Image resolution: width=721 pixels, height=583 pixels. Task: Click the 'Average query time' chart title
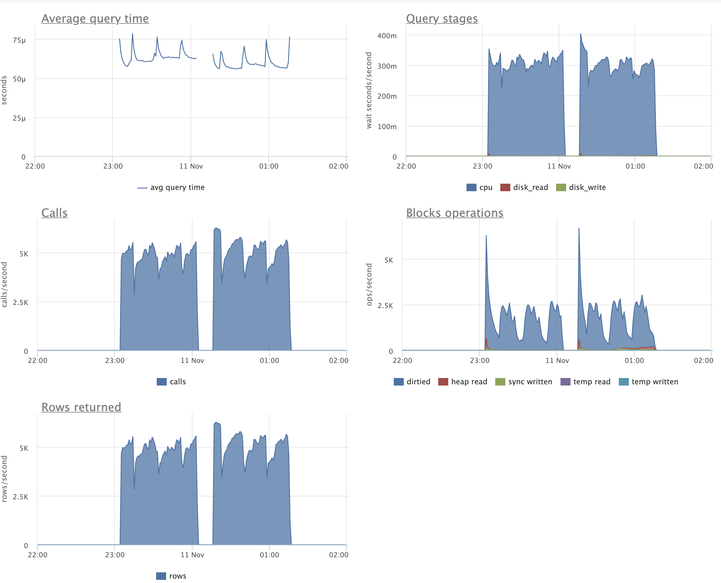(x=95, y=19)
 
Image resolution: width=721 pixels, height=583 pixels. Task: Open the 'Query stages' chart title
(x=442, y=19)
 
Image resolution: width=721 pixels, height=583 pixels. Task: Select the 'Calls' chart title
(x=55, y=213)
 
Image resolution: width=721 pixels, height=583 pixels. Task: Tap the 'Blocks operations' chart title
(x=454, y=213)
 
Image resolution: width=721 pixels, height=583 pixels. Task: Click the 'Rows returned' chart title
(x=81, y=407)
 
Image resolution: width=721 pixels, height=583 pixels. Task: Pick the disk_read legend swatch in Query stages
(x=505, y=187)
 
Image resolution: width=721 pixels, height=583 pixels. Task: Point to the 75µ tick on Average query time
(x=19, y=40)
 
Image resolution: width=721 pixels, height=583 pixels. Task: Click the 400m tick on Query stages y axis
(x=387, y=36)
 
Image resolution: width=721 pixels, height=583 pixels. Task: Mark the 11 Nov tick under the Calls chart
(x=192, y=360)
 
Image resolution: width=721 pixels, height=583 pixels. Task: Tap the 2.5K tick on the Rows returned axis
(x=20, y=497)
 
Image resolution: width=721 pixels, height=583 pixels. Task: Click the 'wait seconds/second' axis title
(x=369, y=90)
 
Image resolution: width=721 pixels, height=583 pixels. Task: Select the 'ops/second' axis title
(x=369, y=285)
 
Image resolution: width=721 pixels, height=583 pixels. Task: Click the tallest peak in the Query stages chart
(x=581, y=34)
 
